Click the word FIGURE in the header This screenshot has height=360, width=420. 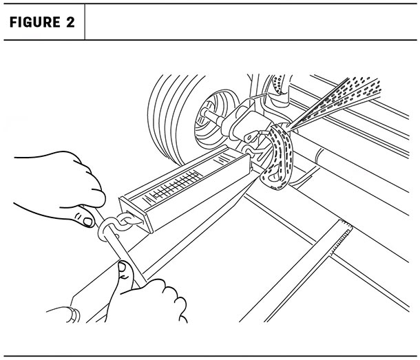coord(35,22)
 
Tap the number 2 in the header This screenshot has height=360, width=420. coord(70,22)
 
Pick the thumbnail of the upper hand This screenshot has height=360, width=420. coord(87,222)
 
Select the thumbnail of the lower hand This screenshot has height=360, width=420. coord(122,267)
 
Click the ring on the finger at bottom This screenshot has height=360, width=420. coord(74,315)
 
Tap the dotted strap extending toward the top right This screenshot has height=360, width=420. coord(335,102)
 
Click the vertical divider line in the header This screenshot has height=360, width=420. coord(85,22)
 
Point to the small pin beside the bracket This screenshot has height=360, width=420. coord(264,132)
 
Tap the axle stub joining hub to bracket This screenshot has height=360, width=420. coord(215,116)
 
